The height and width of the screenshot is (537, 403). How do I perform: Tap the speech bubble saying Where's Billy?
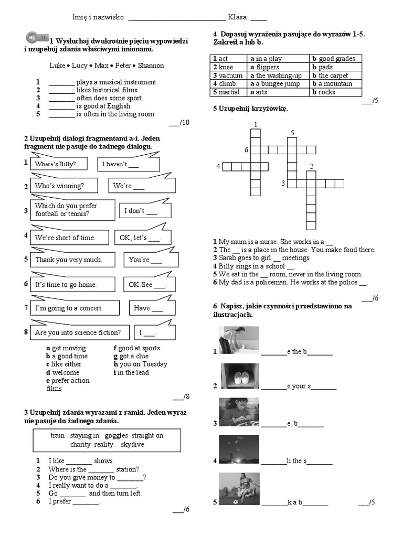pos(55,164)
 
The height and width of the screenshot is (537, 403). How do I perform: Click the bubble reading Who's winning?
pos(59,186)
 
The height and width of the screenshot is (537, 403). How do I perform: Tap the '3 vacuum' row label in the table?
pos(228,76)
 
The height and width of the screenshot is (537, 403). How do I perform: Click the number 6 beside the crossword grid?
pos(246,150)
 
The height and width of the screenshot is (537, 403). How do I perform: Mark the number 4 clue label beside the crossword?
pos(218,167)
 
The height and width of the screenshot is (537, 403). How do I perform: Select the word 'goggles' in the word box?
pos(116,435)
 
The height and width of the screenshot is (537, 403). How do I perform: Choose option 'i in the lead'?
pos(131,372)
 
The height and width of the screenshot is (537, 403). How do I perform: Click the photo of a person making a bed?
pos(238,340)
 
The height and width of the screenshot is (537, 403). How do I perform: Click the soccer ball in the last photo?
pos(236,502)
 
